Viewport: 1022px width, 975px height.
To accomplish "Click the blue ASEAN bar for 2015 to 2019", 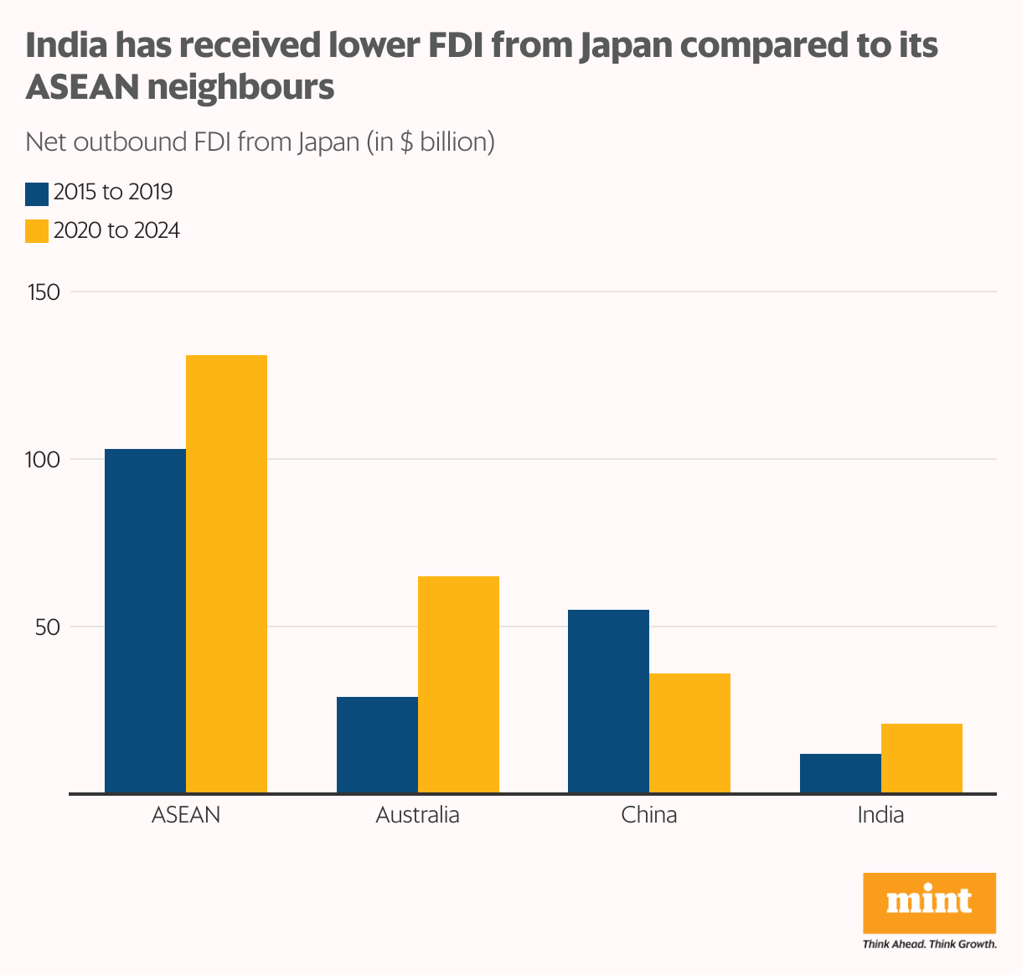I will coord(145,621).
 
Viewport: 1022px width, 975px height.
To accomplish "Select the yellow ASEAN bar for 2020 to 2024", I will coord(226,574).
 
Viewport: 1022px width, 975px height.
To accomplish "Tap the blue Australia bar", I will coord(377,745).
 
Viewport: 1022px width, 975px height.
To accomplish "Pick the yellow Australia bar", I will coord(458,684).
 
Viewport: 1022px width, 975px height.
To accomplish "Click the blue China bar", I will coord(608,701).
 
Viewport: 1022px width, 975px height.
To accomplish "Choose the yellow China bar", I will coord(689,733).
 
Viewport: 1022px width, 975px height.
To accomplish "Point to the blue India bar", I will coord(840,773).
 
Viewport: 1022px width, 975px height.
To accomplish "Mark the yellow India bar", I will coord(921,758).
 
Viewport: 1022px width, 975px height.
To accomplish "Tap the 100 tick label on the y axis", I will coord(44,460).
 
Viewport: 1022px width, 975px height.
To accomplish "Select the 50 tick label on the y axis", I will coord(48,627).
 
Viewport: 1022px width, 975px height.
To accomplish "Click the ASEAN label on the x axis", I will coord(186,815).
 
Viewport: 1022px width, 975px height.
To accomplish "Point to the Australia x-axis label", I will coord(417,815).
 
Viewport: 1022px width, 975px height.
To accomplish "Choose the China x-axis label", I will coord(649,815).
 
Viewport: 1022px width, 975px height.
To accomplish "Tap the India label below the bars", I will coord(880,815).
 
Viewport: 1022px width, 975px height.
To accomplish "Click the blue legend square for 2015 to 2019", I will coord(37,193).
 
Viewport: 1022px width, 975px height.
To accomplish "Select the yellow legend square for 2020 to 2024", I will coord(37,231).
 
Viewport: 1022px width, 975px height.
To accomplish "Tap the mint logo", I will coord(929,903).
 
